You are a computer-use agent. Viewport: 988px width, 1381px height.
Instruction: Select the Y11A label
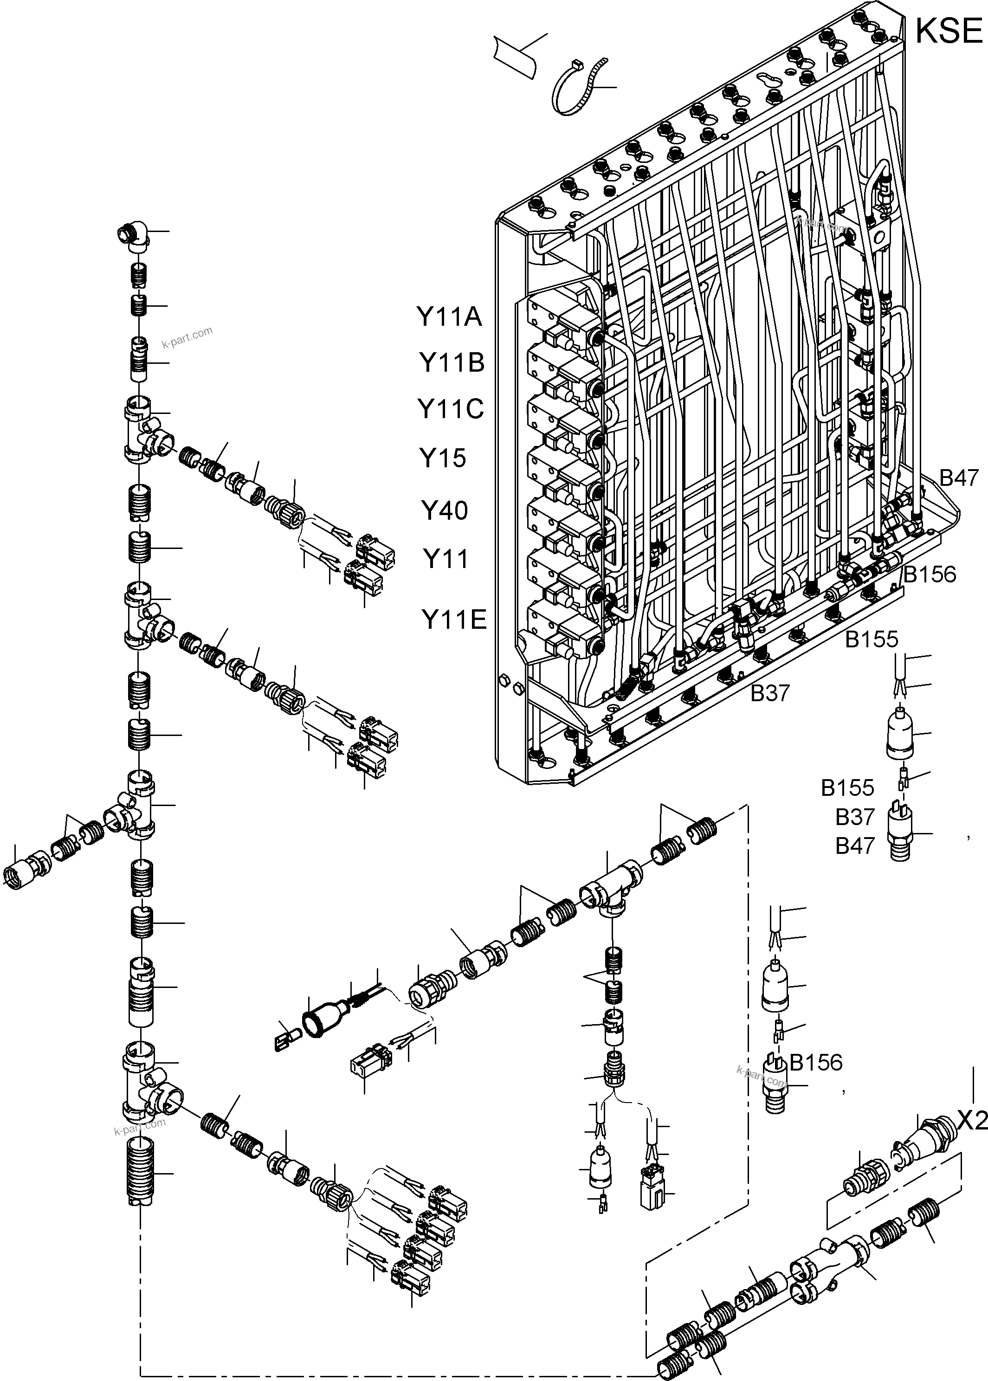[x=449, y=317]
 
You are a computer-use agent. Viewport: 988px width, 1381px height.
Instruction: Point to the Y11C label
[x=450, y=409]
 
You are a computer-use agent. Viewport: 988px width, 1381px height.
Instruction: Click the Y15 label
[x=442, y=458]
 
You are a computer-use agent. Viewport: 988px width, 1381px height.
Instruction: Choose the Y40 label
[x=445, y=510]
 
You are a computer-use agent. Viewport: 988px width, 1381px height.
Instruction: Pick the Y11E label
[x=454, y=620]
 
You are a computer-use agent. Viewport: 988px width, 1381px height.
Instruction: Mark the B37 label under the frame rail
[x=769, y=693]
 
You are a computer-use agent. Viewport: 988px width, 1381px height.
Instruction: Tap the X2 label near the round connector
[x=972, y=1121]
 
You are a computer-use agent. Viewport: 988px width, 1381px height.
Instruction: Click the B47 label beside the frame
[x=959, y=478]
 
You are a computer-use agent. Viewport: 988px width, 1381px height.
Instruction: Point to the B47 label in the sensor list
[x=854, y=845]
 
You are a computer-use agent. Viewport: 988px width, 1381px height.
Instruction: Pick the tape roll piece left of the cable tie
[x=516, y=55]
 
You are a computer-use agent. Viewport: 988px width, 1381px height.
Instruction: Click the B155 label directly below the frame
[x=871, y=639]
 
